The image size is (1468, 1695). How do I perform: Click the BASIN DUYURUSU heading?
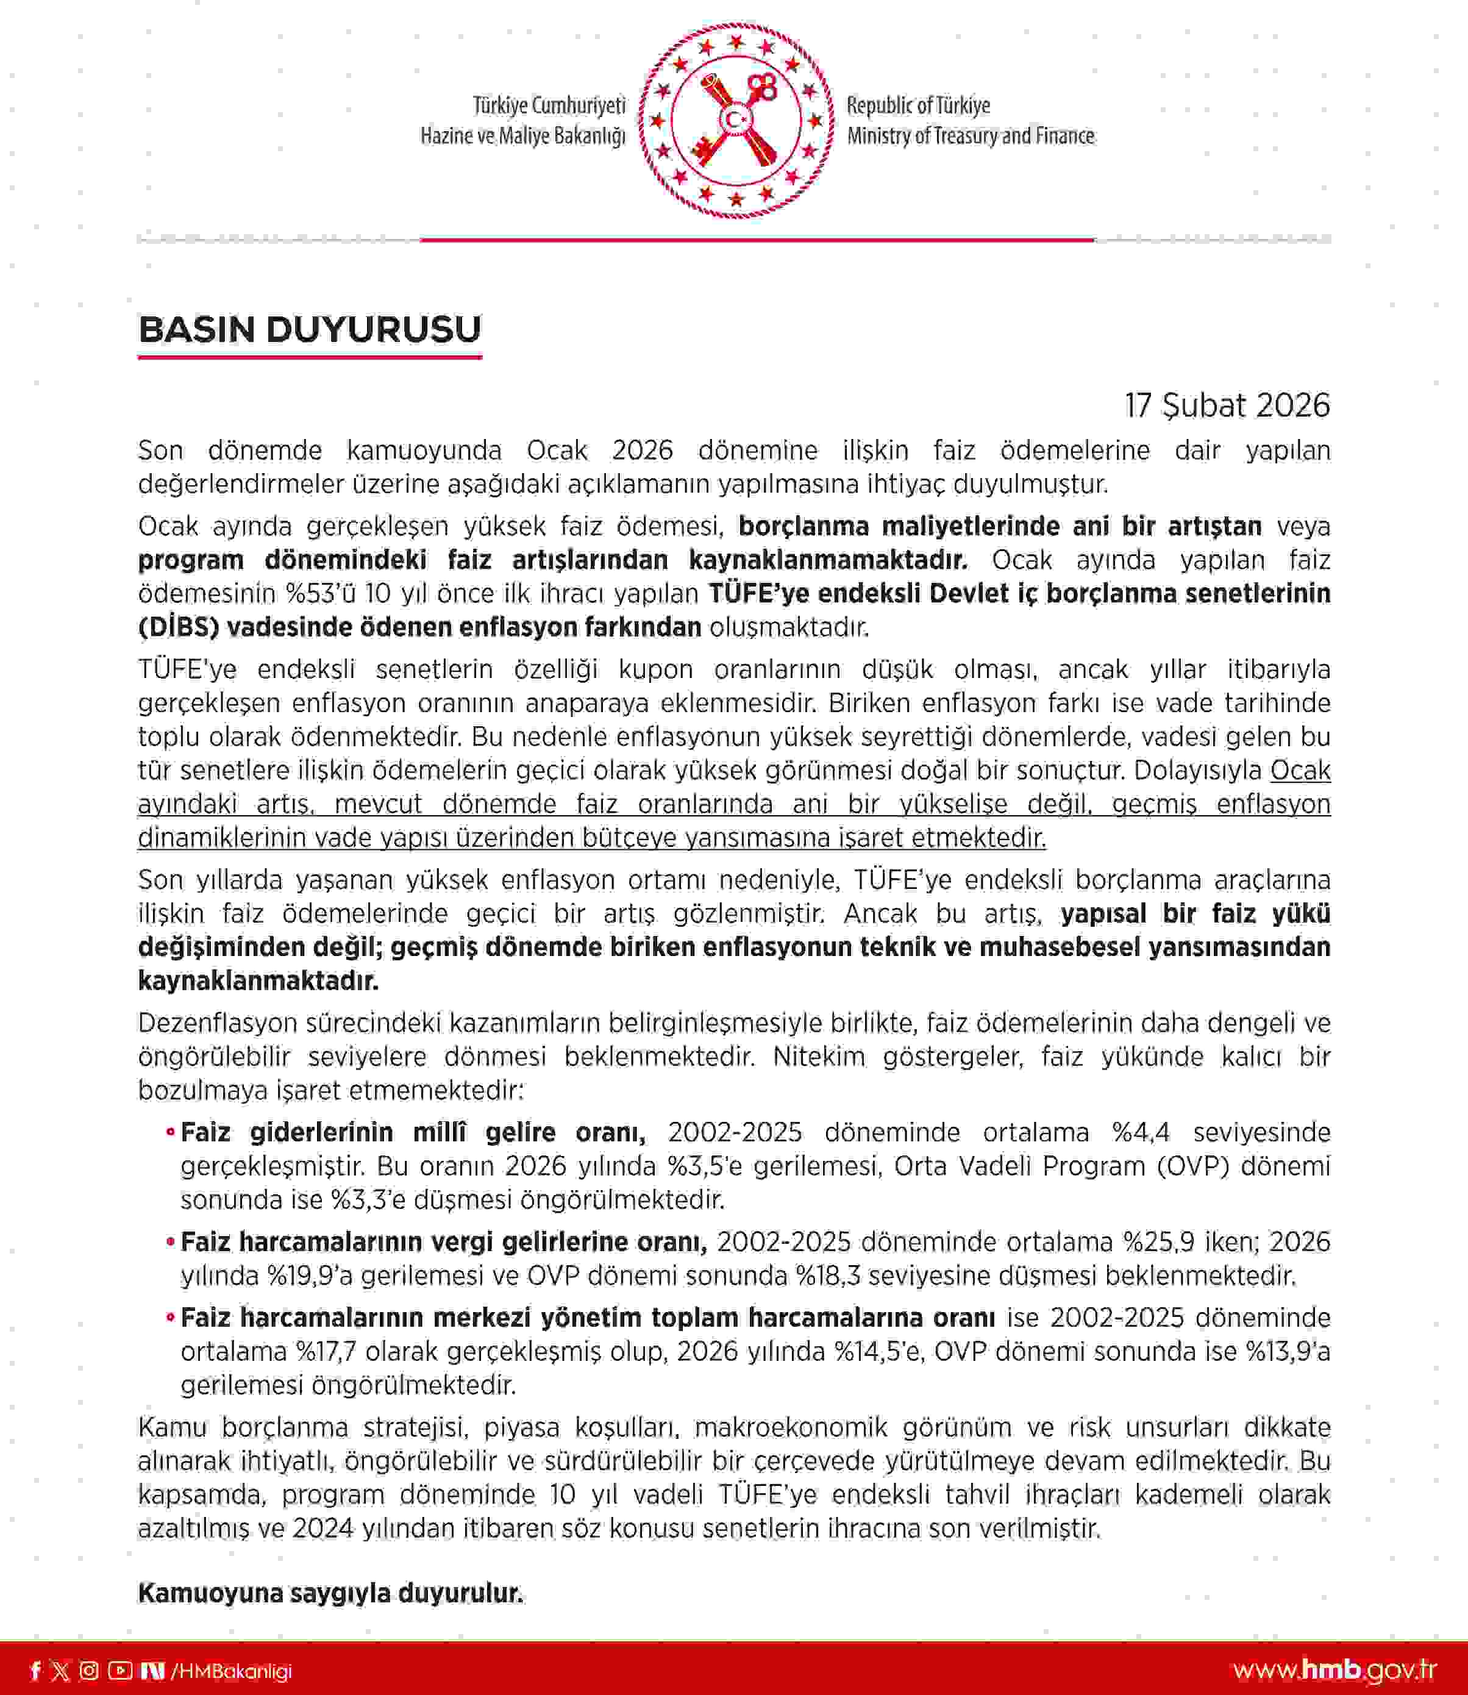pyautogui.click(x=310, y=330)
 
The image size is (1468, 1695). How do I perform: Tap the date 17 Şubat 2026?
pyautogui.click(x=1227, y=405)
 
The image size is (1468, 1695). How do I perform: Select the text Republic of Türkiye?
pyautogui.click(x=918, y=105)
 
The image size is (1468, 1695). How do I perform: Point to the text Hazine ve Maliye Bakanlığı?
pyautogui.click(x=522, y=136)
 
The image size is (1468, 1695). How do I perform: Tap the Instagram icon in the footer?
pyautogui.click(x=88, y=1671)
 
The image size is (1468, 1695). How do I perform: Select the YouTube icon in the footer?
pyautogui.click(x=119, y=1671)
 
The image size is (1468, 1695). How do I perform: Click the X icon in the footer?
pyautogui.click(x=60, y=1671)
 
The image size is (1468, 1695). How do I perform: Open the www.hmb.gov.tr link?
pyautogui.click(x=1334, y=1671)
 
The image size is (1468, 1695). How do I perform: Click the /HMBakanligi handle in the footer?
pyautogui.click(x=231, y=1671)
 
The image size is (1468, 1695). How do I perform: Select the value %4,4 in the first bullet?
pyautogui.click(x=1140, y=1133)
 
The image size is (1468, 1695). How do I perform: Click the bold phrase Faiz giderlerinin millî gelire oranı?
pyautogui.click(x=413, y=1133)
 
